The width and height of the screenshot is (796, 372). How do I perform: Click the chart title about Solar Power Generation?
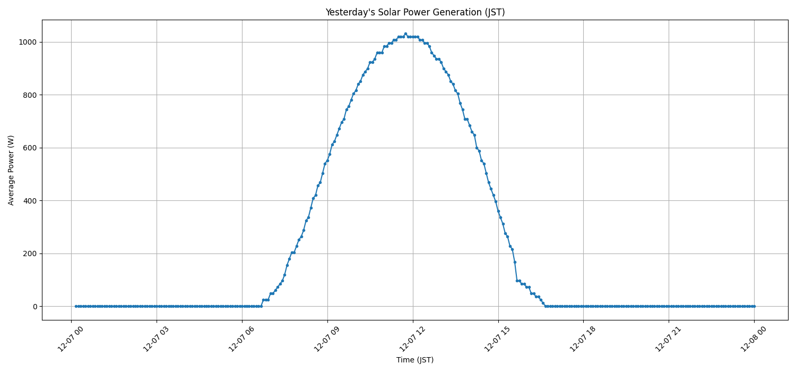415,12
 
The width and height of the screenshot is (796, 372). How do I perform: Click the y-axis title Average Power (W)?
11,170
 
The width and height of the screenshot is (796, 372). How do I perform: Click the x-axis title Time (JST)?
415,360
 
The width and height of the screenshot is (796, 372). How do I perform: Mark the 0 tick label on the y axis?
34,307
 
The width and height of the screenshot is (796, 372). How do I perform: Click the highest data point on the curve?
405,33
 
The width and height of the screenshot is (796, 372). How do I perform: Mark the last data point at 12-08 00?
754,306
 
